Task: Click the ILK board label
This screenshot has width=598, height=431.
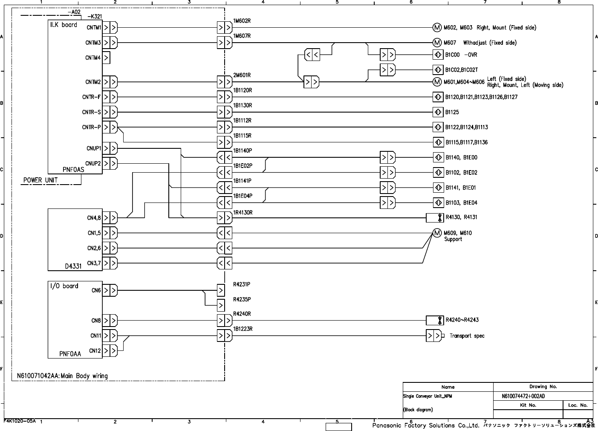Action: click(64, 25)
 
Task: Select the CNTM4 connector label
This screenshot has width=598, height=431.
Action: click(93, 58)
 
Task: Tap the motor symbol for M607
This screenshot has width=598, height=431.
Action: click(437, 43)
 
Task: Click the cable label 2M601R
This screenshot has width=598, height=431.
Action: click(242, 75)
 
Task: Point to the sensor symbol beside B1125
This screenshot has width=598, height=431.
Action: click(438, 112)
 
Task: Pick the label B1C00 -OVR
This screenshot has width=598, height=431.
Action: click(461, 55)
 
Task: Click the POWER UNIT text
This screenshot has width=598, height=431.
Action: click(40, 180)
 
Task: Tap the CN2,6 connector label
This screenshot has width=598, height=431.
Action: click(94, 248)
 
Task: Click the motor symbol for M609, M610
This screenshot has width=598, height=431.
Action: click(437, 233)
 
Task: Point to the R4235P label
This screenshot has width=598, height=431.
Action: click(242, 299)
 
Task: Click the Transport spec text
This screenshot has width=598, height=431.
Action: click(467, 336)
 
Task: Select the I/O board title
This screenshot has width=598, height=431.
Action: click(64, 286)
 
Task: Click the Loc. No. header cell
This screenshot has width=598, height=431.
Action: click(578, 405)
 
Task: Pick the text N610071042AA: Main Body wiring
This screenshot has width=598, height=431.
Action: click(62, 376)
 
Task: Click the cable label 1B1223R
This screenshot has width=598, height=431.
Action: click(243, 329)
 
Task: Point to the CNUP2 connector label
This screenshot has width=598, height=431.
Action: click(93, 163)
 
